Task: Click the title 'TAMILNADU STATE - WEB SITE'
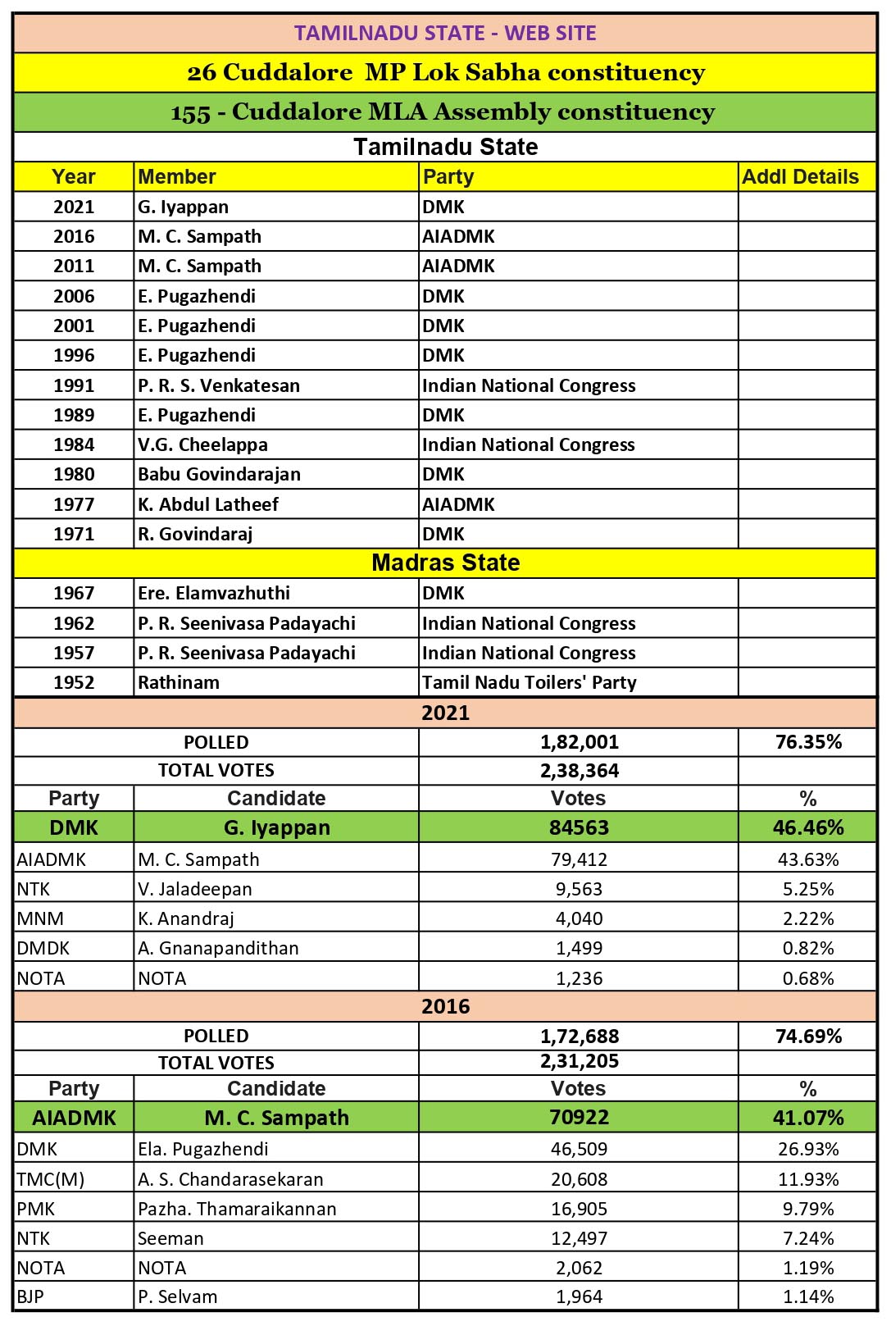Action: [445, 33]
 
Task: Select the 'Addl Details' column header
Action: [800, 177]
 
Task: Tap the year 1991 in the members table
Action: [74, 385]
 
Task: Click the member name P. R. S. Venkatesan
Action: [219, 385]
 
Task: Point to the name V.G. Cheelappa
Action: [202, 444]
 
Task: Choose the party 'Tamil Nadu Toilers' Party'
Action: [529, 682]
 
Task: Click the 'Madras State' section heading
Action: [445, 563]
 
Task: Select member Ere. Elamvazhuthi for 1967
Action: [213, 593]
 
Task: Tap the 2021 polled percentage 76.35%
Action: [808, 742]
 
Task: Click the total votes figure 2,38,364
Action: [579, 771]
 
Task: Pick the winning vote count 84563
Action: [579, 827]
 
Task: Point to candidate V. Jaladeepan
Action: [195, 889]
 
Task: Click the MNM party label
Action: [40, 918]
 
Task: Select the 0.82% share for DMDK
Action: [808, 948]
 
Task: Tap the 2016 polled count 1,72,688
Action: [579, 1036]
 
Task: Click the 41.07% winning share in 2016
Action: [808, 1118]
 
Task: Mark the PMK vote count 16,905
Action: [579, 1209]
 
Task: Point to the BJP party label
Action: [30, 1296]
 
